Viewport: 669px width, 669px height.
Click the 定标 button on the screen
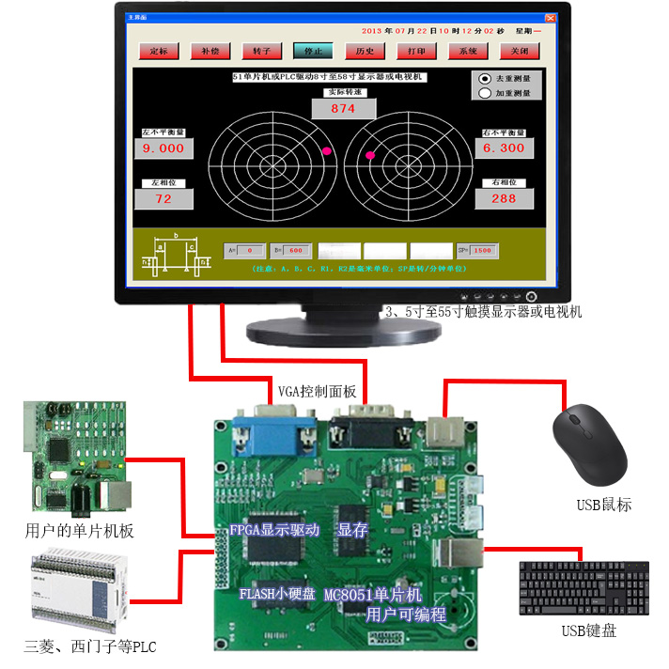click(x=159, y=51)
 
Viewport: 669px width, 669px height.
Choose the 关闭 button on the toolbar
click(x=520, y=51)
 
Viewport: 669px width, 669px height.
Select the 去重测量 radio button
click(x=485, y=79)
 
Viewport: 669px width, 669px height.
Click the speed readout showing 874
click(x=343, y=109)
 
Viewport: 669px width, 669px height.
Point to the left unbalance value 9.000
click(x=163, y=148)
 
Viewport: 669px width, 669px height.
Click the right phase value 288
click(x=504, y=198)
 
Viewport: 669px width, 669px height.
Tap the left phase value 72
click(x=163, y=198)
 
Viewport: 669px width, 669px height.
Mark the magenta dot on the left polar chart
click(x=327, y=151)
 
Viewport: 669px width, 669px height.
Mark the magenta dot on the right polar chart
click(x=370, y=155)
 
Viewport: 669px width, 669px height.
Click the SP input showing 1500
click(x=482, y=251)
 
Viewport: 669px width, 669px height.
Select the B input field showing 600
click(x=295, y=251)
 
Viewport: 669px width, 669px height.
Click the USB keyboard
click(x=583, y=588)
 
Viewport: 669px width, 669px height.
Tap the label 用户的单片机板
click(x=80, y=531)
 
